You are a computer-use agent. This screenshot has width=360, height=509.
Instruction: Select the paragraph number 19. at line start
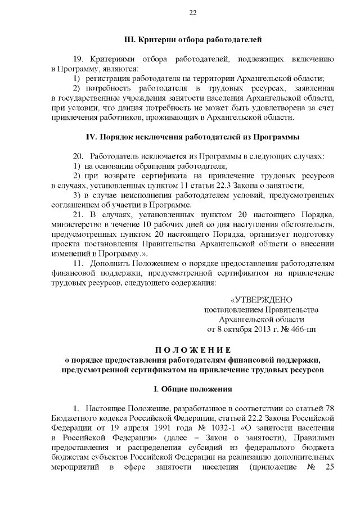pyautogui.click(x=78, y=59)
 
